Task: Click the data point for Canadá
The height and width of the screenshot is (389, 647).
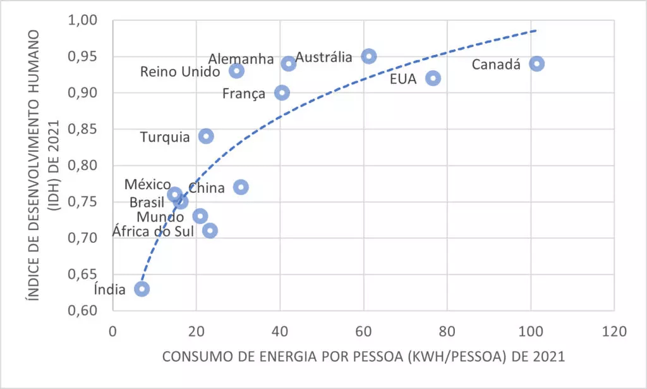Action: (536, 63)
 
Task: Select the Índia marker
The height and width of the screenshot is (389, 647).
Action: (142, 289)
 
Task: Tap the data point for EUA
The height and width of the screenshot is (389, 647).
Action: (433, 78)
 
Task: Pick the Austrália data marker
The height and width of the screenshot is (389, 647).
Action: (369, 56)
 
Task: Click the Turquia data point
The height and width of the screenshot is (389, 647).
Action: (206, 136)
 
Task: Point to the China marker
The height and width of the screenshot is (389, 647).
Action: (241, 187)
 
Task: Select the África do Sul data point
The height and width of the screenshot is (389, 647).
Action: (210, 230)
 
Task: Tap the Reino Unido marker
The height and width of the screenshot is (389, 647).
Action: (237, 71)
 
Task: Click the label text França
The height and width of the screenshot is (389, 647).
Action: (244, 94)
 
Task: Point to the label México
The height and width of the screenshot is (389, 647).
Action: (147, 184)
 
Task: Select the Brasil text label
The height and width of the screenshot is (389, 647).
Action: (147, 202)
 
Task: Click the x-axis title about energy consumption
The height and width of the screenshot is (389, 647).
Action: (363, 357)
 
